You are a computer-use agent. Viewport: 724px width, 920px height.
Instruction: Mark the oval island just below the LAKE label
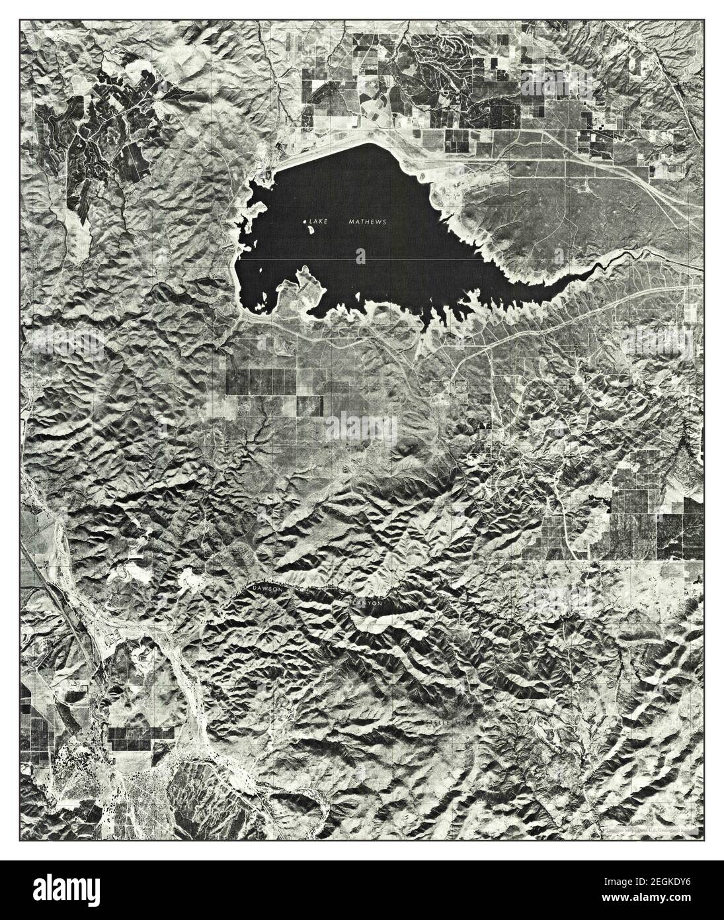click(360, 255)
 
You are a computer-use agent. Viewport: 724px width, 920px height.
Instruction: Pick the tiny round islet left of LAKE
click(305, 222)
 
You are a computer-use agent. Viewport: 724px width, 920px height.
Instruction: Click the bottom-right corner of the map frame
click(703, 840)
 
